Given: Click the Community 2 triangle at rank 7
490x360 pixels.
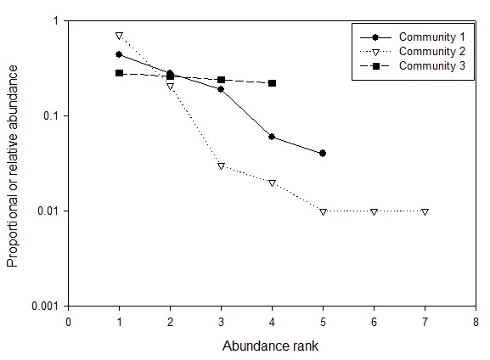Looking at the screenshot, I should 425,211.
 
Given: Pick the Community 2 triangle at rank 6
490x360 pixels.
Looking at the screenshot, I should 374,211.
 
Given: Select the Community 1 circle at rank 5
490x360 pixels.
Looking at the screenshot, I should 323,154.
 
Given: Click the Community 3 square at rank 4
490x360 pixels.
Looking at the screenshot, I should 272,83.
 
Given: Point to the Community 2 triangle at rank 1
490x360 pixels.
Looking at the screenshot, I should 120,36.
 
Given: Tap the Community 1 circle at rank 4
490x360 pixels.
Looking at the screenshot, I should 272,137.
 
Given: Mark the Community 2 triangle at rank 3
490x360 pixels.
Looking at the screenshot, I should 221,166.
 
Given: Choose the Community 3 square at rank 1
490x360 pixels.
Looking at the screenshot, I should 120,73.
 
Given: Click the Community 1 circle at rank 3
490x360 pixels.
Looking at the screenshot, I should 221,89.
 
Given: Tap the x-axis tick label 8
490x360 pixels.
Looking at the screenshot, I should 476,322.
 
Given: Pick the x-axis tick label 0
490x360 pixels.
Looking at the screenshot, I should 69,322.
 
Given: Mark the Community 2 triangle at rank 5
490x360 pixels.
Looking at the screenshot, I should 323,211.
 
